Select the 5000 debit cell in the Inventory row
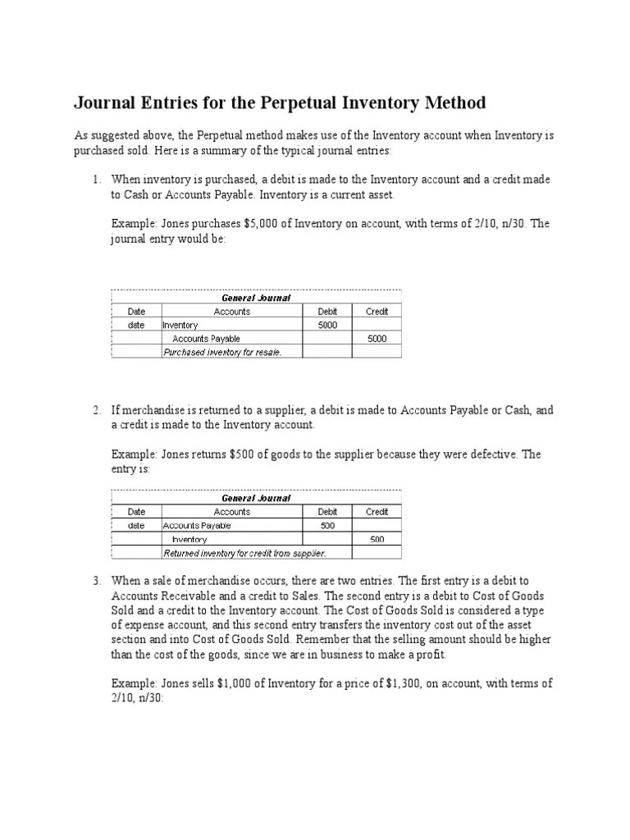[x=327, y=325]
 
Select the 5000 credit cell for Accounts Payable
[x=377, y=338]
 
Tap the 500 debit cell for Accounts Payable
[x=327, y=525]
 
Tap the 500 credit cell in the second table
[x=377, y=539]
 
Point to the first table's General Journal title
[x=256, y=298]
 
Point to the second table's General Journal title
[x=256, y=498]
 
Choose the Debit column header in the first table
[x=327, y=312]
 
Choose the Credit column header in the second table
[x=377, y=512]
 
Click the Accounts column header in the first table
[x=232, y=312]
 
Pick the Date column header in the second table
[x=136, y=512]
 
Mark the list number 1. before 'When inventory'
[x=96, y=179]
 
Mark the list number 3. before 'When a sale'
[x=96, y=581]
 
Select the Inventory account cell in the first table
[x=181, y=326]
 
